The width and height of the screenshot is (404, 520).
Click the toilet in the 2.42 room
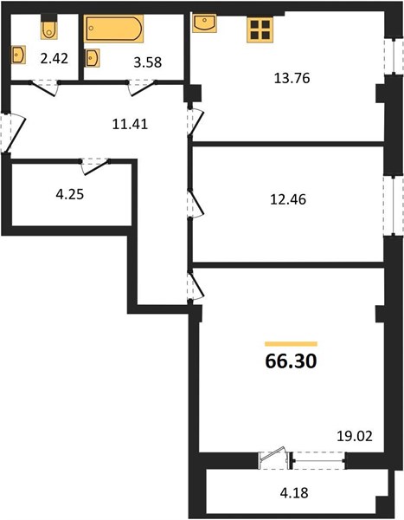pos(49,30)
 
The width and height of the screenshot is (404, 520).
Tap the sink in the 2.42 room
pos(18,55)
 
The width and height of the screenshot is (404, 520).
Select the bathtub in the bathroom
pos(113,29)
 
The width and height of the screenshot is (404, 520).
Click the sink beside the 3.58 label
pos(92,58)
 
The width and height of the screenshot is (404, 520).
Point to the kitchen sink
pos(204,23)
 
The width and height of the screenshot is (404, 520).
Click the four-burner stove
pos(260,29)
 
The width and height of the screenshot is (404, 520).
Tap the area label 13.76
pos(292,78)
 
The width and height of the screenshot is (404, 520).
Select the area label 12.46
pos(288,199)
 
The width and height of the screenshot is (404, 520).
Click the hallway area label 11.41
pos(130,124)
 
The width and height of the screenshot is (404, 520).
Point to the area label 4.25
pos(69,194)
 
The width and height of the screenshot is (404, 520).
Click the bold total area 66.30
pos(291,361)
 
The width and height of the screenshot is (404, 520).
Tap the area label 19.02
pos(355,436)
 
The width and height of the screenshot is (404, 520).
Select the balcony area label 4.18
pos(294,493)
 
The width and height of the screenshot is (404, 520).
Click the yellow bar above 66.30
pos(291,344)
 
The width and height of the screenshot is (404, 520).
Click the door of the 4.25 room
pos(95,166)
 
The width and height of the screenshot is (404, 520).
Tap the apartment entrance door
pos(13,133)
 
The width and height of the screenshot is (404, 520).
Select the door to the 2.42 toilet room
pos(44,88)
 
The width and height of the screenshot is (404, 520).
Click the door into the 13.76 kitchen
pos(196,121)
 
